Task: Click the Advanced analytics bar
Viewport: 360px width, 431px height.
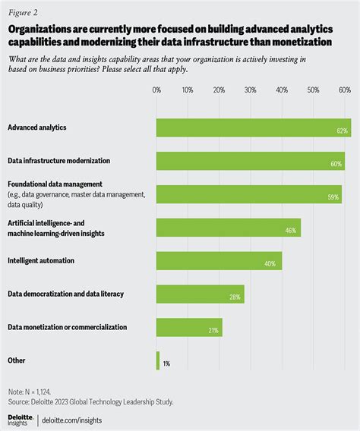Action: [253, 127]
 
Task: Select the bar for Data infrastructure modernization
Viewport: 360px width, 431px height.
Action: [250, 161]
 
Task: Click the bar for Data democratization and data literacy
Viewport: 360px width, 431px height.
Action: [200, 294]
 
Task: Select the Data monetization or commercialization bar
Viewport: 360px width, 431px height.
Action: [189, 327]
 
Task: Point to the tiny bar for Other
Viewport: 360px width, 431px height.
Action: [158, 360]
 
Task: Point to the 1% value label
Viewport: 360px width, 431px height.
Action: [166, 363]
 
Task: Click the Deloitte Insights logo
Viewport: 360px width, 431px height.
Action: [21, 419]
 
